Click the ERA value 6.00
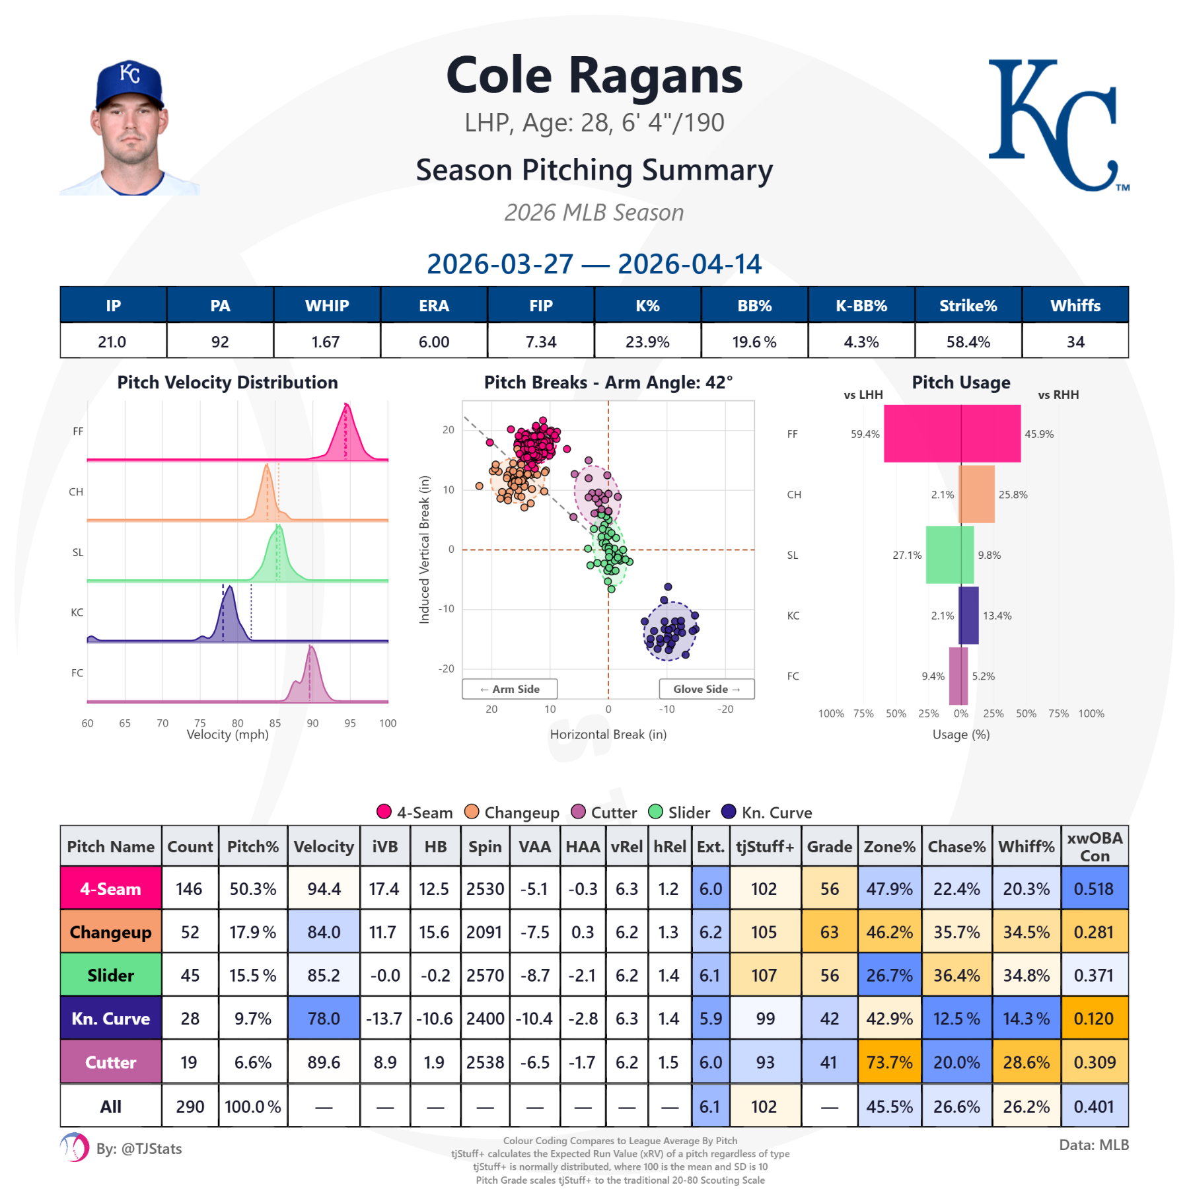click(x=433, y=342)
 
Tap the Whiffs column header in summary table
click(x=1075, y=305)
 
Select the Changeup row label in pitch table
click(x=110, y=932)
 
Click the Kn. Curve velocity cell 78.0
click(x=324, y=1019)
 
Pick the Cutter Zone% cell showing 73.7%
click(x=889, y=1062)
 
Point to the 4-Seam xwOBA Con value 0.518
click(x=1094, y=888)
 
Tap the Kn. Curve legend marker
click(x=729, y=812)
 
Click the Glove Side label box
click(x=706, y=689)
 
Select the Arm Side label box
click(x=509, y=689)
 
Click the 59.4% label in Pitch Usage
click(x=865, y=434)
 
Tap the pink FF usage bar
click(x=951, y=433)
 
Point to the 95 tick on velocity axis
click(x=350, y=723)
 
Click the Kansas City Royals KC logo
click(x=1057, y=126)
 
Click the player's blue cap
click(x=129, y=83)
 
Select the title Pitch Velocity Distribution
click(x=227, y=382)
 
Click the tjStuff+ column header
click(x=764, y=846)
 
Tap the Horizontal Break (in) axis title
click(x=608, y=735)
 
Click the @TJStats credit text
click(x=139, y=1149)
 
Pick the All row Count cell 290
click(x=190, y=1106)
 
